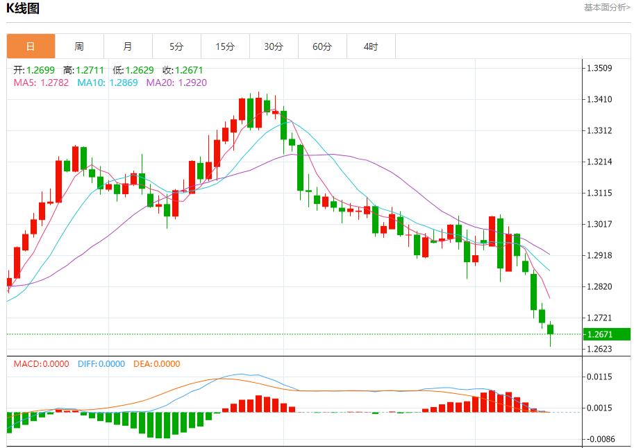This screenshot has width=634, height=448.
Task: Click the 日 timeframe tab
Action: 31,46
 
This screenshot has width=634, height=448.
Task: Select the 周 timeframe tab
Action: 79,46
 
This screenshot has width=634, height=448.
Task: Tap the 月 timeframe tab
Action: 128,46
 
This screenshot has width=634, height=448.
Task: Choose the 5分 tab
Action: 176,46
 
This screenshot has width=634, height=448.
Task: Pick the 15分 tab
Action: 225,46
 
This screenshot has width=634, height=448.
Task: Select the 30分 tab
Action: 274,46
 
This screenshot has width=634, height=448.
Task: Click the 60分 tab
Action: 322,46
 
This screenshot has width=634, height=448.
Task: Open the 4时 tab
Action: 371,46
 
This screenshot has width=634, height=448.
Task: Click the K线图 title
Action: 23,8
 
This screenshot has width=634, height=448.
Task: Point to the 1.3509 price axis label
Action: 599,68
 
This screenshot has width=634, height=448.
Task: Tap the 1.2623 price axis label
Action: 599,349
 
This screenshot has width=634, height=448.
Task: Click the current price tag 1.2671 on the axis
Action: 599,334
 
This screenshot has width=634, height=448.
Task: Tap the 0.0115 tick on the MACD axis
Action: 599,377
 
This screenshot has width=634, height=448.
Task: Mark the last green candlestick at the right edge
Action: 551,329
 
